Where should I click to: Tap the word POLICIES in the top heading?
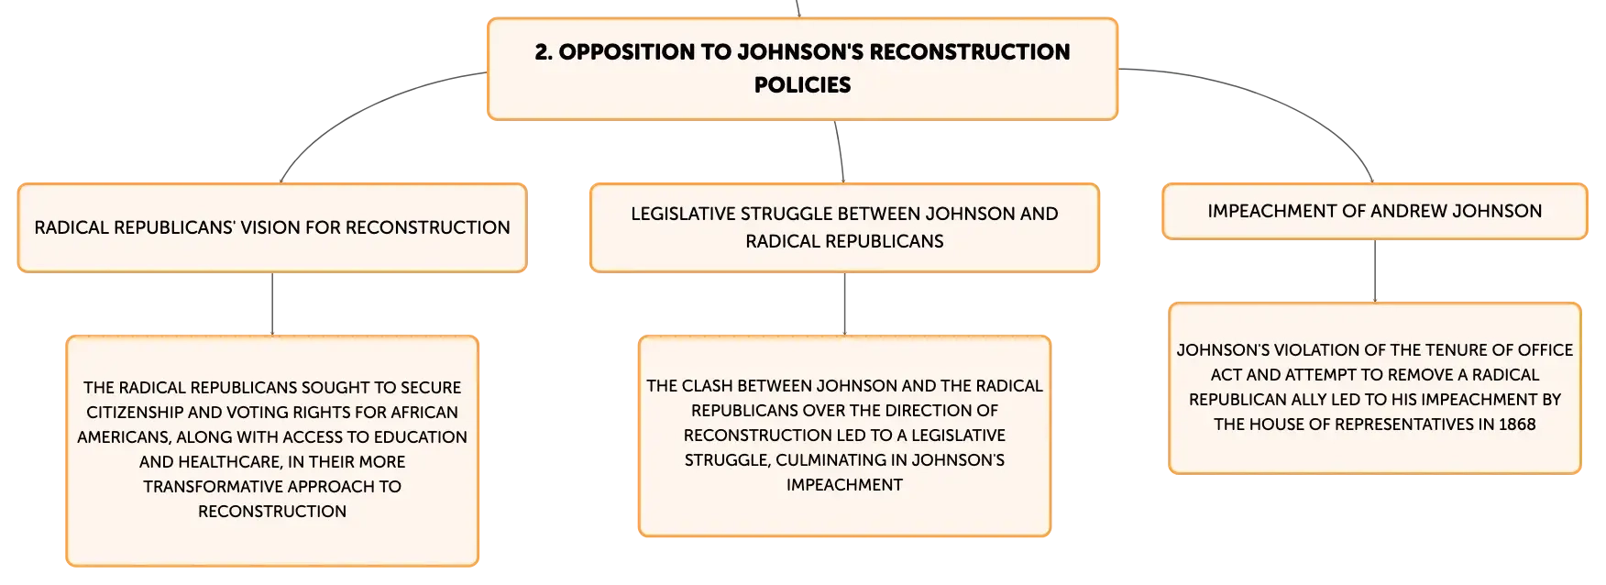pos(802,84)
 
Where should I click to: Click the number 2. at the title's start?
pos(544,51)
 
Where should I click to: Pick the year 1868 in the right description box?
pos(1517,424)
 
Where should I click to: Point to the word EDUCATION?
pos(419,436)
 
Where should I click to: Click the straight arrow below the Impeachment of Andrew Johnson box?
pos(1375,271)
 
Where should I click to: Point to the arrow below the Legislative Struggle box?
pos(844,304)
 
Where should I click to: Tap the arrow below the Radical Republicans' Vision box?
pos(272,304)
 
